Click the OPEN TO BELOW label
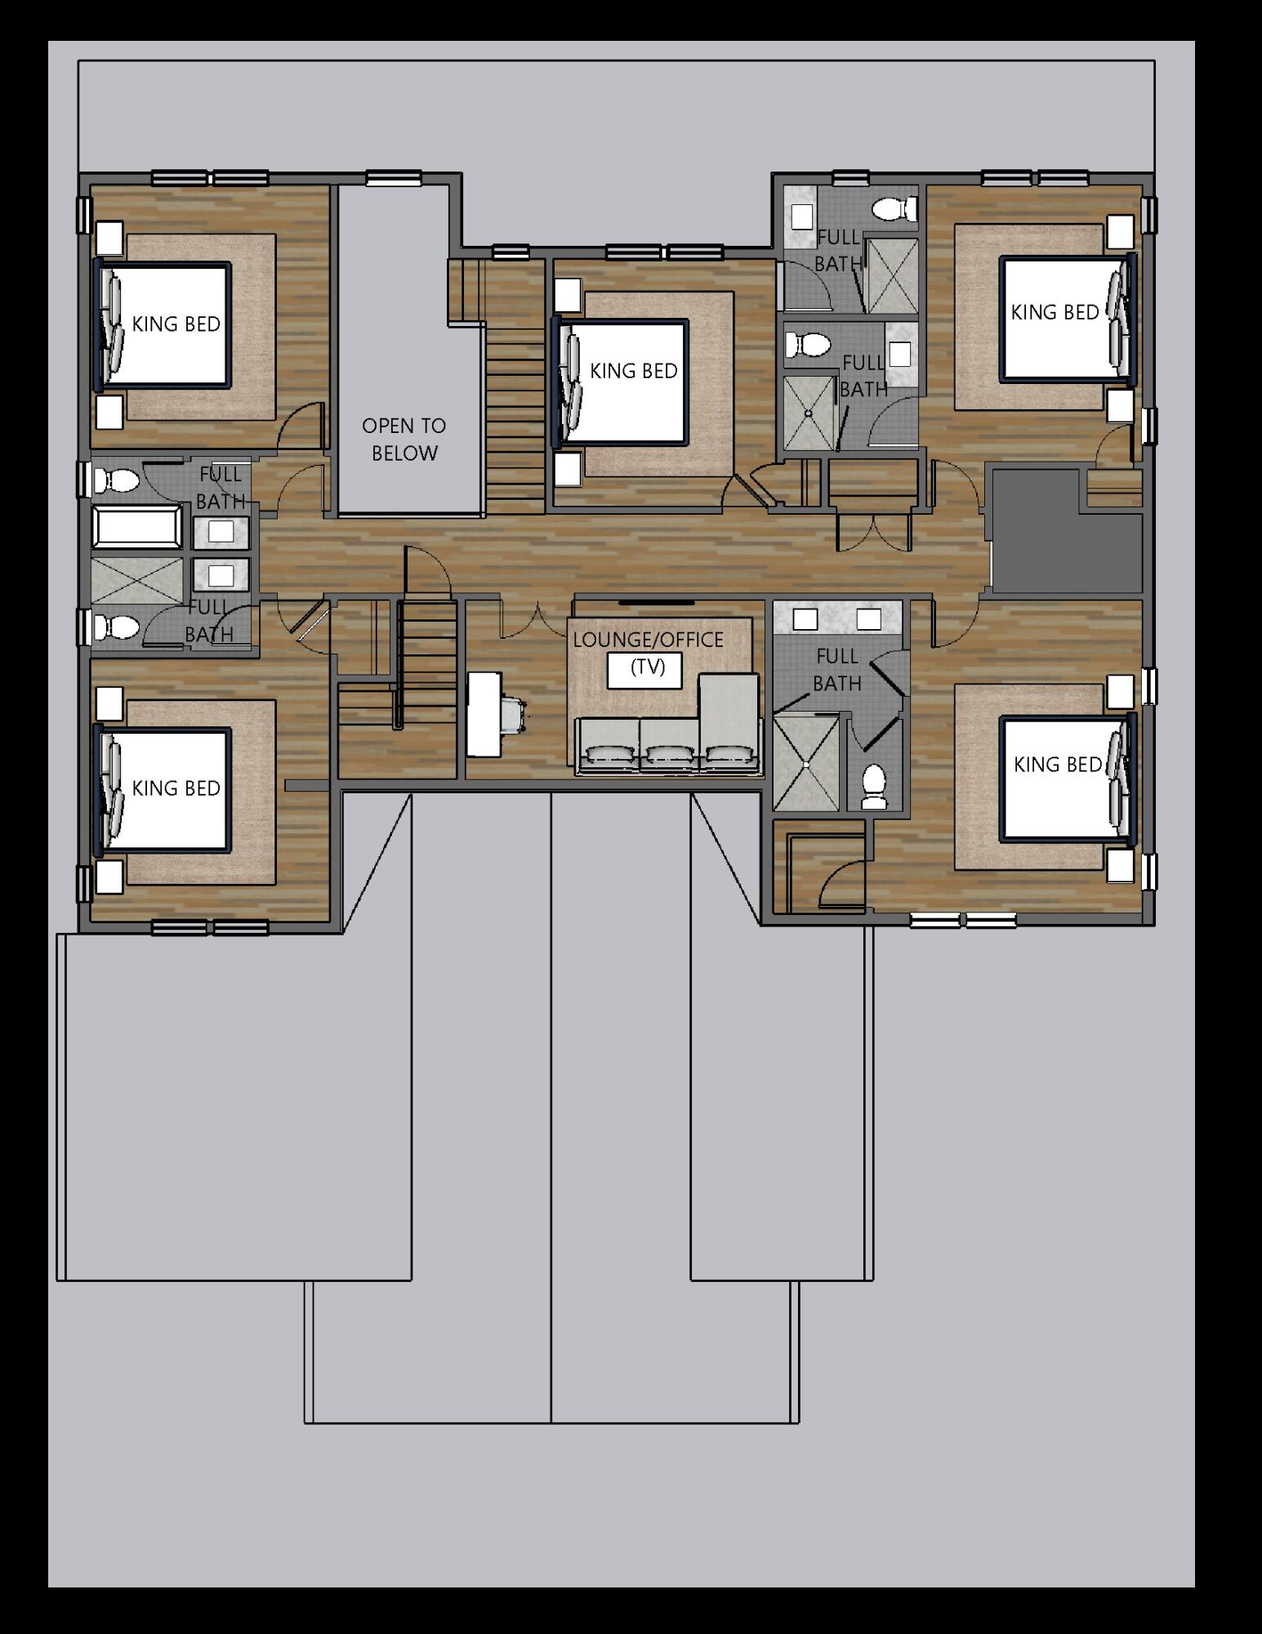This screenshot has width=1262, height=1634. tap(404, 440)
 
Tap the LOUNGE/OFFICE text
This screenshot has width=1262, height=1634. tap(649, 640)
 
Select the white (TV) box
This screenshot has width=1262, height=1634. tap(648, 668)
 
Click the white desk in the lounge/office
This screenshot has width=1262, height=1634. tap(483, 713)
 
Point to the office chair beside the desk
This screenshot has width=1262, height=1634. tap(514, 712)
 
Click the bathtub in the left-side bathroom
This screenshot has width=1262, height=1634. tap(138, 527)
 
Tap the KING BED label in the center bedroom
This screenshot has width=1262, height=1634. tap(634, 371)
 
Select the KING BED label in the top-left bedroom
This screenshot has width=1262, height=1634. tap(176, 324)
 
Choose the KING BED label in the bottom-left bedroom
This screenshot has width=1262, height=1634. tap(176, 788)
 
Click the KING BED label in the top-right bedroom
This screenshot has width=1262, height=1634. tap(1055, 312)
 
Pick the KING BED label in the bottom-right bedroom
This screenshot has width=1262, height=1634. tap(1058, 765)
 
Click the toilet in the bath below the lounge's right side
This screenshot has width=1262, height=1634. tap(875, 787)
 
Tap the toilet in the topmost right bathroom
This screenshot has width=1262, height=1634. tap(895, 209)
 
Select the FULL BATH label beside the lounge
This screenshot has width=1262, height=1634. tap(837, 669)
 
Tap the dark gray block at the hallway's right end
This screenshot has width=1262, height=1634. tap(1064, 529)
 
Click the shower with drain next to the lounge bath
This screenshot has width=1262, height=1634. tap(806, 763)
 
